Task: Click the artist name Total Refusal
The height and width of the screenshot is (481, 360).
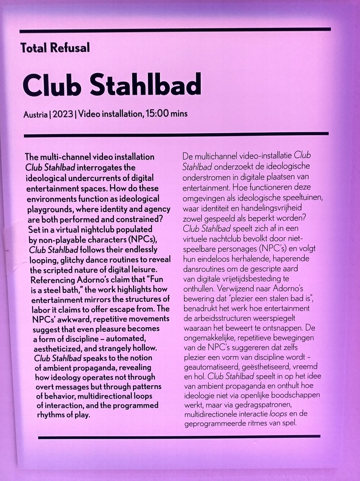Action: pos(55,48)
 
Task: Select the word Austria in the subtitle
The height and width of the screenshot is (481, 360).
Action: pos(35,115)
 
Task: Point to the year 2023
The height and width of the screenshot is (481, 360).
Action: pos(63,114)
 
